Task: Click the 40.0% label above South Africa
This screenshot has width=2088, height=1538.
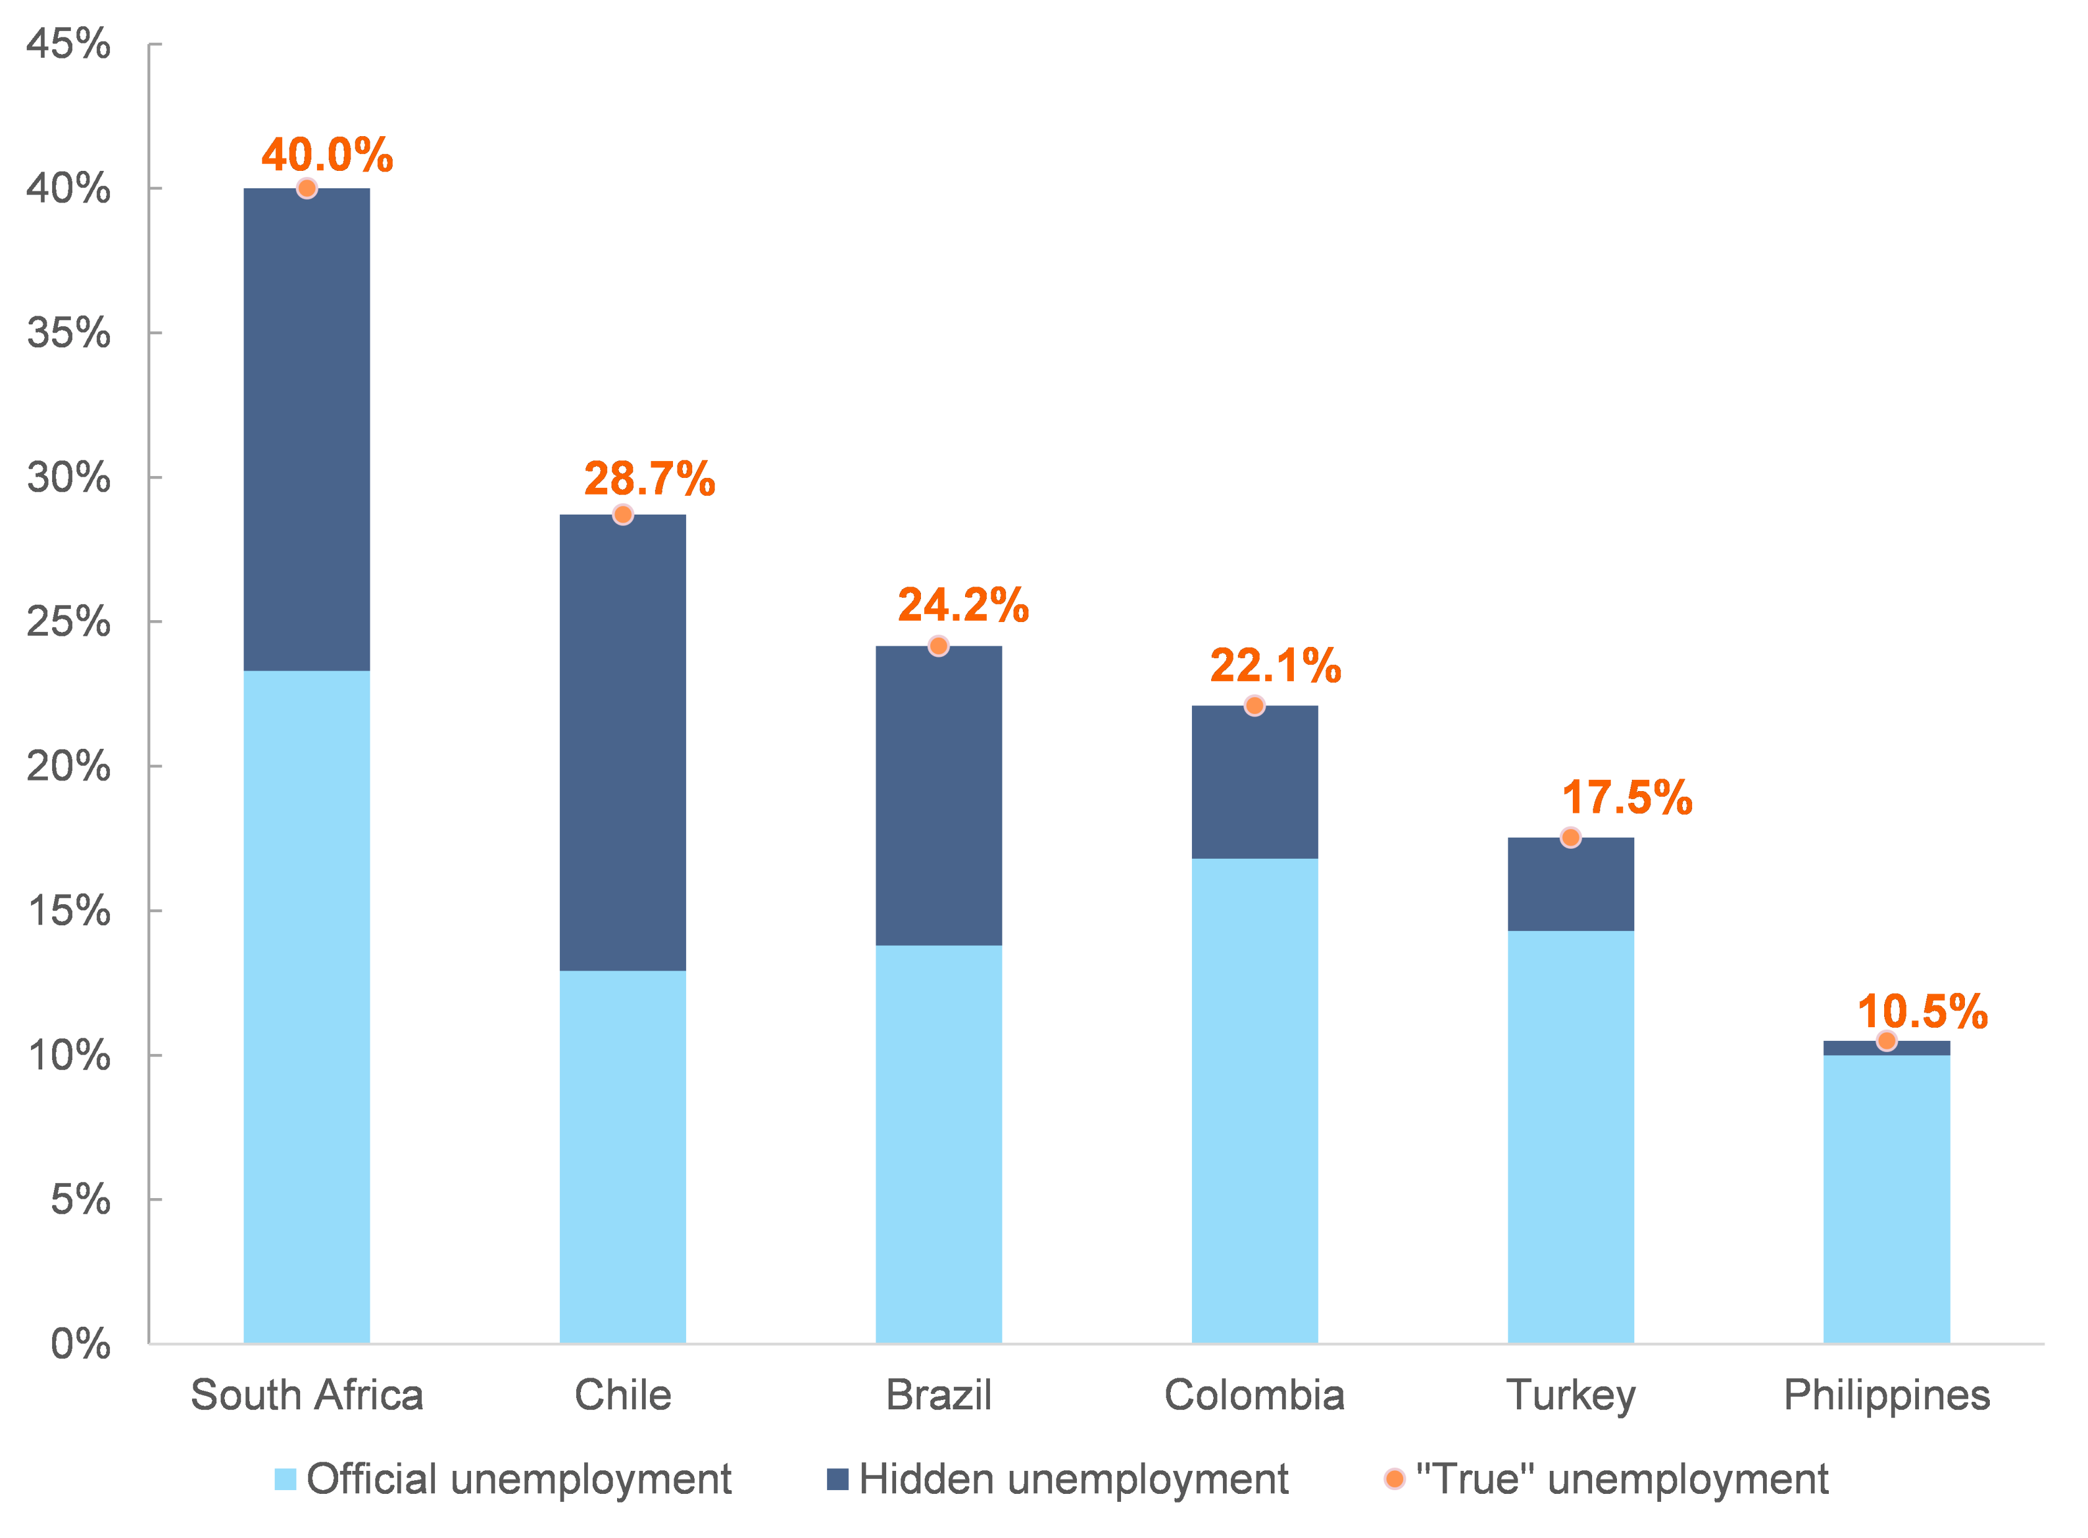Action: click(x=327, y=155)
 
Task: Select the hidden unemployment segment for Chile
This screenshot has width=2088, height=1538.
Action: click(x=622, y=742)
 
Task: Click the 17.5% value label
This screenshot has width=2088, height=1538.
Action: click(x=1626, y=798)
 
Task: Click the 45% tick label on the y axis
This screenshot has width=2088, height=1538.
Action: click(x=68, y=43)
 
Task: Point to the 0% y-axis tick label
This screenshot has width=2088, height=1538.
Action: click(x=80, y=1343)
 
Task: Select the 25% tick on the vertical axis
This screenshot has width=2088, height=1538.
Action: click(x=68, y=622)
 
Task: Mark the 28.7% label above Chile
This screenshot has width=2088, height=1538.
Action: click(x=649, y=478)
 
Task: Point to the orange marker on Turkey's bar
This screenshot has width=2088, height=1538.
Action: click(x=1570, y=838)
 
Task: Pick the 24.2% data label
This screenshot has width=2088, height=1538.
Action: click(x=963, y=605)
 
